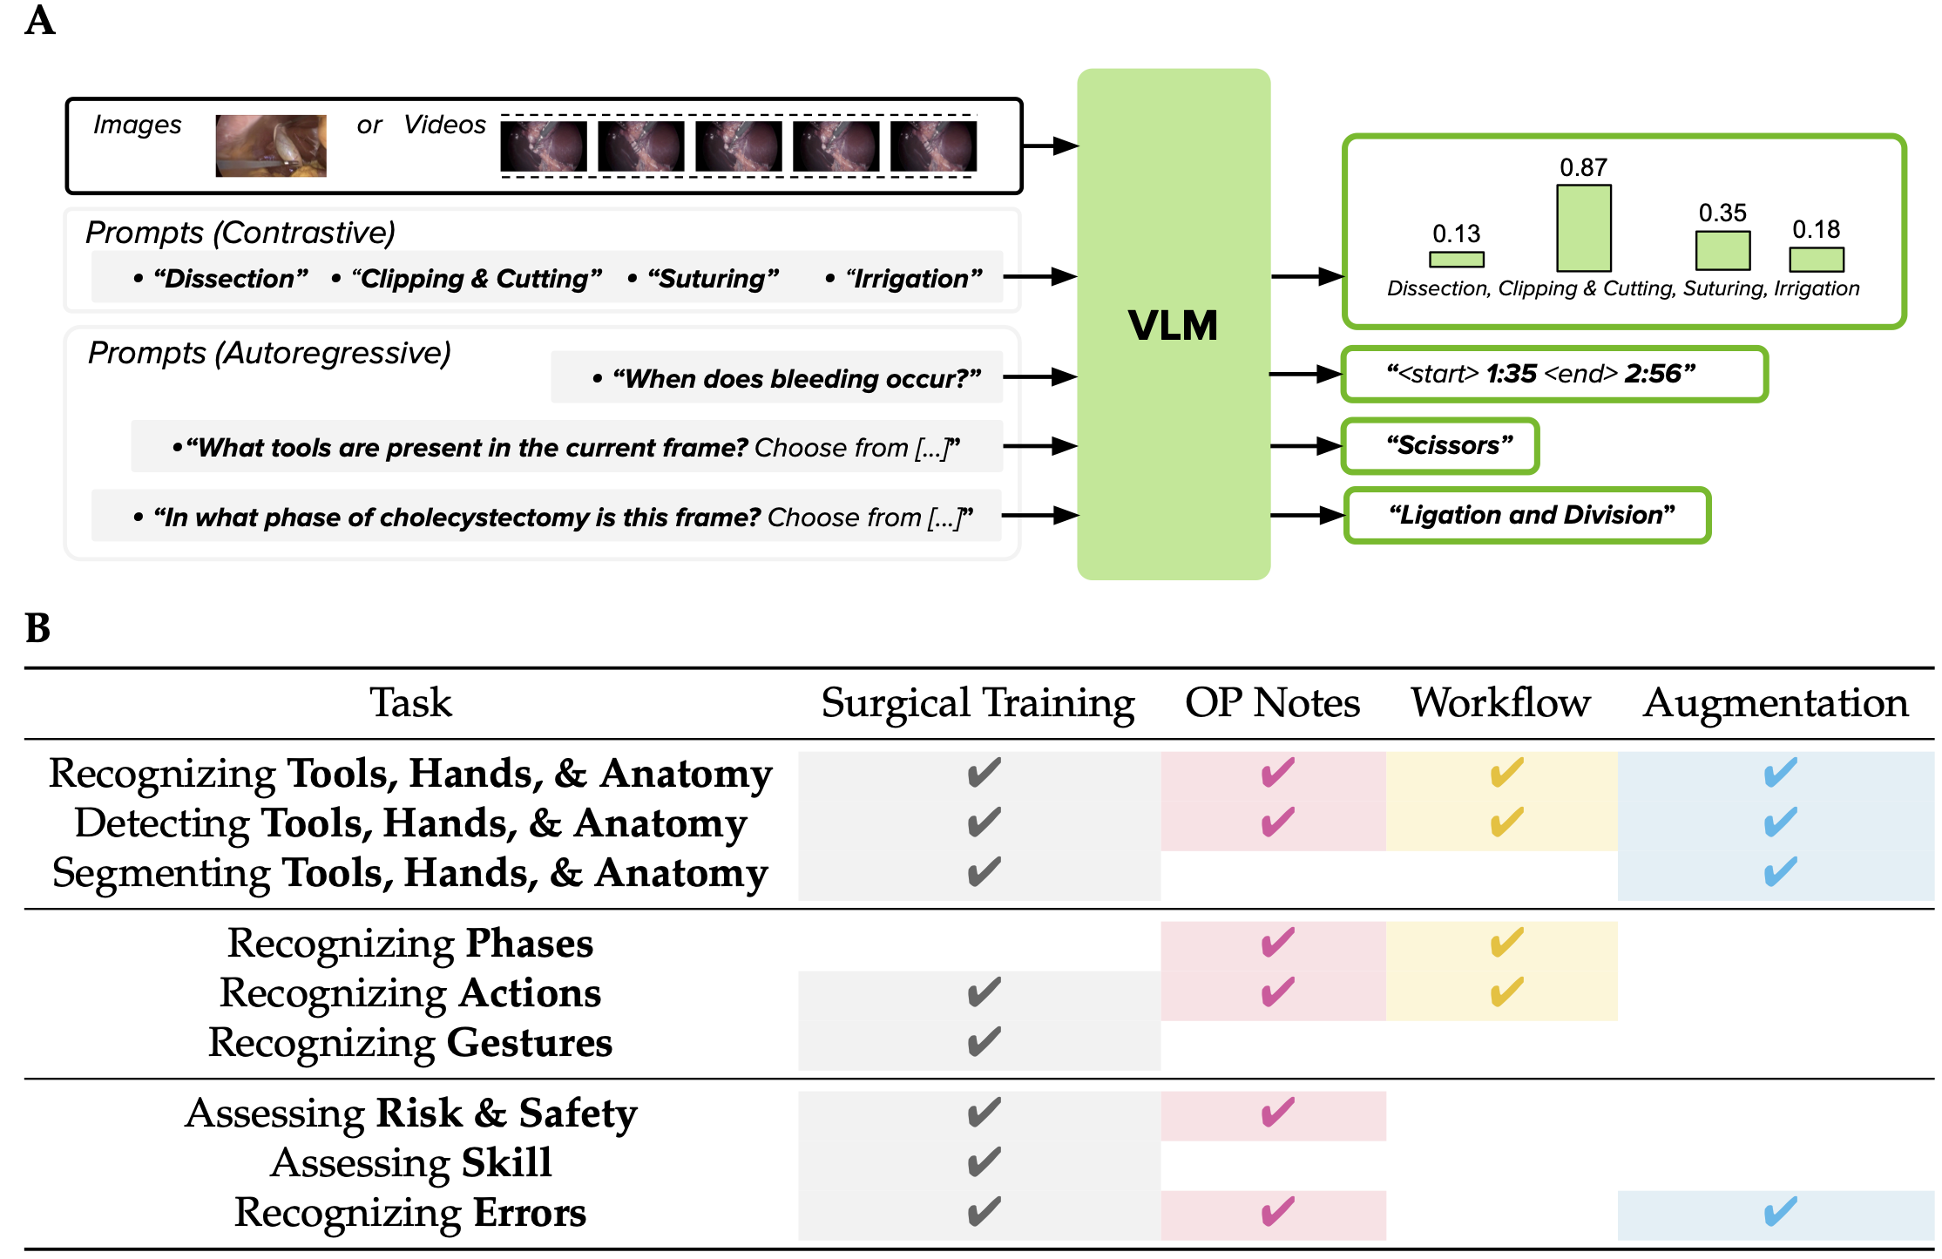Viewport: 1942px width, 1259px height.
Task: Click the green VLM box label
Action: pyautogui.click(x=1173, y=325)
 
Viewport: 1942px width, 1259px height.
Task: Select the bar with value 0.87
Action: pyautogui.click(x=1583, y=227)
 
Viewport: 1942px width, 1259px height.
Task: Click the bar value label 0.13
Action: pyautogui.click(x=1456, y=234)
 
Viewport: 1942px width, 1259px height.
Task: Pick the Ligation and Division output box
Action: pyautogui.click(x=1527, y=516)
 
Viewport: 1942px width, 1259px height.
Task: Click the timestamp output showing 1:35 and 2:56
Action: pyautogui.click(x=1553, y=375)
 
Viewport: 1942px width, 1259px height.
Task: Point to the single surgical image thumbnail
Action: pyautogui.click(x=271, y=146)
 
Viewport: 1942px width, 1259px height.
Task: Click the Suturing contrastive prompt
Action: pyautogui.click(x=713, y=279)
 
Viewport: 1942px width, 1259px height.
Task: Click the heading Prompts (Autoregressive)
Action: pyautogui.click(x=269, y=353)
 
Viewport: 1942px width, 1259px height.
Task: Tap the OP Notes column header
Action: pyautogui.click(x=1272, y=703)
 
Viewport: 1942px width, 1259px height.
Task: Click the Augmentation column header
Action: pyautogui.click(x=1775, y=703)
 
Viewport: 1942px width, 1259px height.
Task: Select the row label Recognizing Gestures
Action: pyautogui.click(x=410, y=1043)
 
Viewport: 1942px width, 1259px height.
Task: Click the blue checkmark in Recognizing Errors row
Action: pyautogui.click(x=1779, y=1212)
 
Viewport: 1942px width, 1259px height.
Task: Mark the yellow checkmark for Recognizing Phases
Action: pyautogui.click(x=1506, y=943)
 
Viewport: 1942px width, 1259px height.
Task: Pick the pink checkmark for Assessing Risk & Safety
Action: pyautogui.click(x=1277, y=1113)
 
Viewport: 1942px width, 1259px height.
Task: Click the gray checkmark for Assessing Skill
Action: pyautogui.click(x=984, y=1162)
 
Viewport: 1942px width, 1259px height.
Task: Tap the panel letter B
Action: pyautogui.click(x=37, y=628)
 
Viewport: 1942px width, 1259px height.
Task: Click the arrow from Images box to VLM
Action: pyautogui.click(x=1050, y=146)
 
